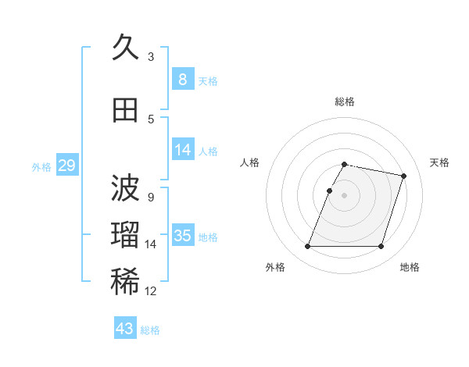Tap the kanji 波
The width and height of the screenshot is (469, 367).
click(125, 190)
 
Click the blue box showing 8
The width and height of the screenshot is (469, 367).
click(182, 79)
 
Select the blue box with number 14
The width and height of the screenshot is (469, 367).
click(182, 150)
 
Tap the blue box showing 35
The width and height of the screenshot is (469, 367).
click(182, 236)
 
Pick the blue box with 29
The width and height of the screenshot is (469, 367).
click(66, 166)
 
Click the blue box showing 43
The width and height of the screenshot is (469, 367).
click(125, 329)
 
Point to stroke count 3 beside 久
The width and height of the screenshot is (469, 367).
click(151, 56)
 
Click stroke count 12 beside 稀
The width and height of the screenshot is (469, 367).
click(151, 291)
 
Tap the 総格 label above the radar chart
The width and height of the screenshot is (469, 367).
click(344, 102)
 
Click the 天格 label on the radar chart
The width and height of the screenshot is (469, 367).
click(439, 162)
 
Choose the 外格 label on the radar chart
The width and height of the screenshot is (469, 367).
click(275, 267)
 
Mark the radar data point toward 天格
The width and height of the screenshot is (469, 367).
click(403, 176)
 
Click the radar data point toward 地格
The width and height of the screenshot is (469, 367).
click(381, 247)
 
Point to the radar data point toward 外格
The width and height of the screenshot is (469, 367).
click(308, 247)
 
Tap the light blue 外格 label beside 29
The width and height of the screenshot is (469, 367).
click(41, 166)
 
